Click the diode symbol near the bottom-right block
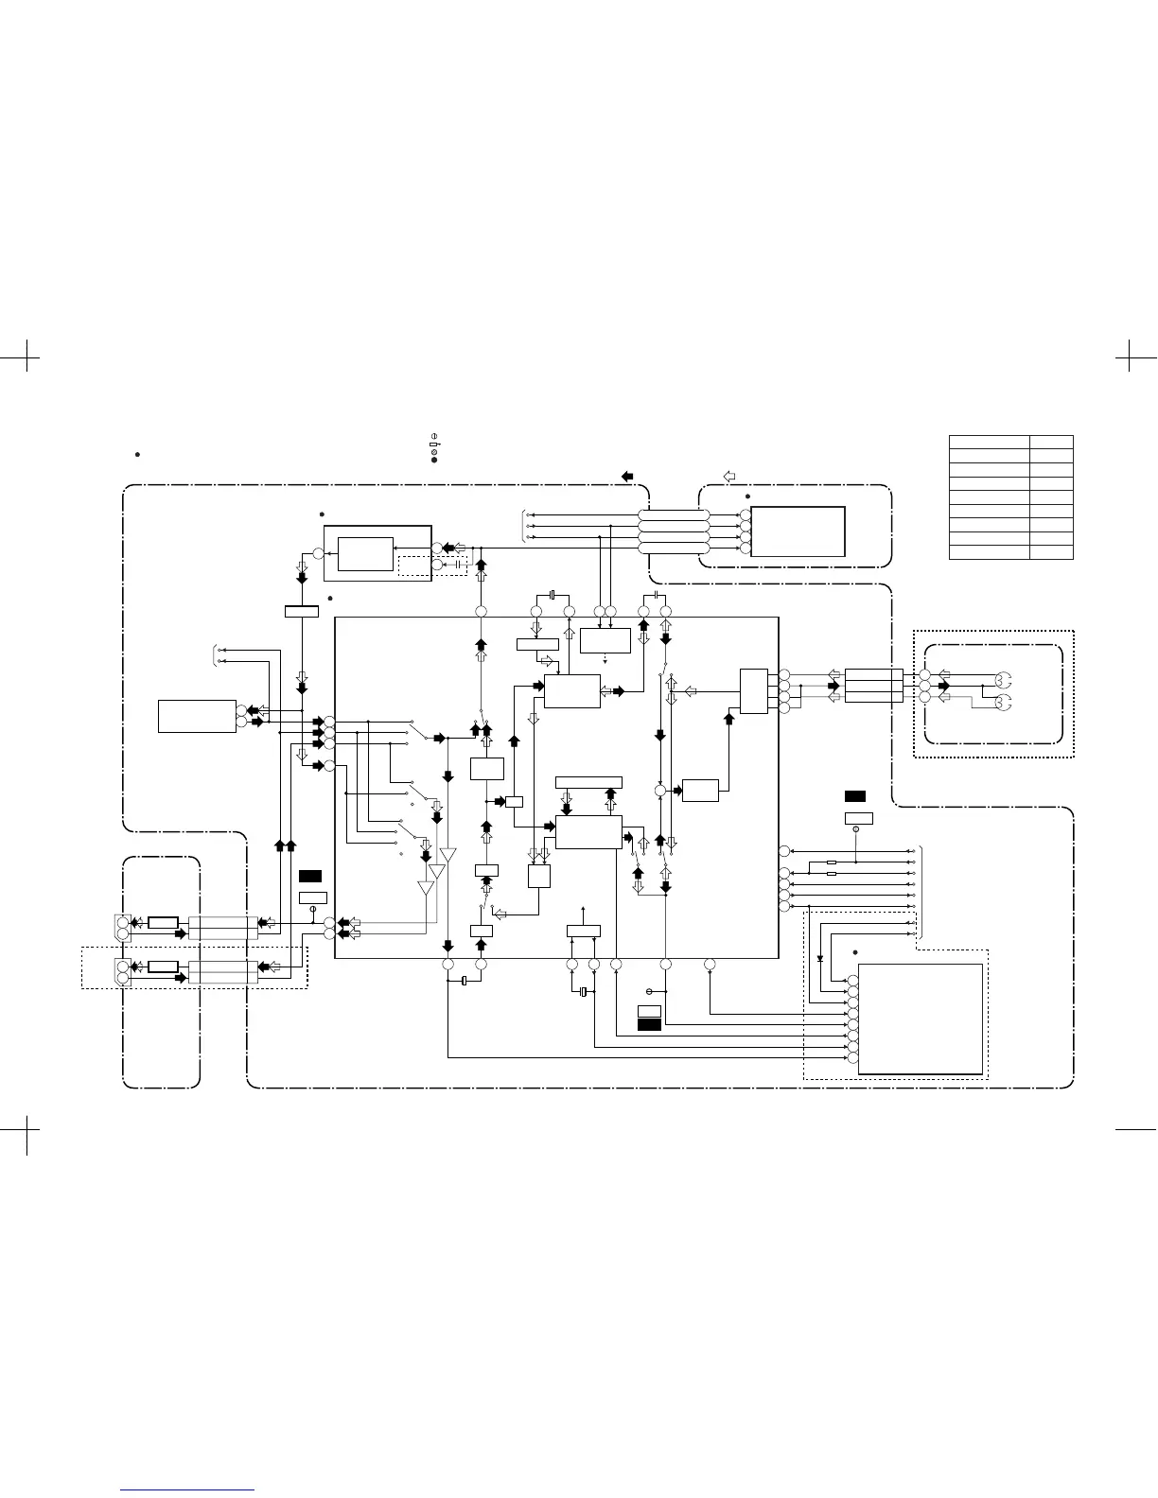pos(819,958)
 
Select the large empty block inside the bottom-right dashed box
pos(920,1019)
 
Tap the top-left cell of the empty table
pos(989,442)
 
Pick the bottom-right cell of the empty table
pos(1051,551)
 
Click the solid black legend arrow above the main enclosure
pos(628,476)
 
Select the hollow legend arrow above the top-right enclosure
pos(729,475)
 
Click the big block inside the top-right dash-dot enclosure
pos(798,531)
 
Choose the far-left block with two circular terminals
pos(197,716)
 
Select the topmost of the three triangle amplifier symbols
pos(447,856)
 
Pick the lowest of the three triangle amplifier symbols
pos(427,888)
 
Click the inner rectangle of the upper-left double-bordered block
pos(365,554)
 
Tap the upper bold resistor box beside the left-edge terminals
pos(164,922)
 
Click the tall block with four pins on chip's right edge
pos(754,691)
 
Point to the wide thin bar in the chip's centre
pos(588,782)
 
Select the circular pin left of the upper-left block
pos(319,554)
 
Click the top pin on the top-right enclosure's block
pos(746,515)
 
